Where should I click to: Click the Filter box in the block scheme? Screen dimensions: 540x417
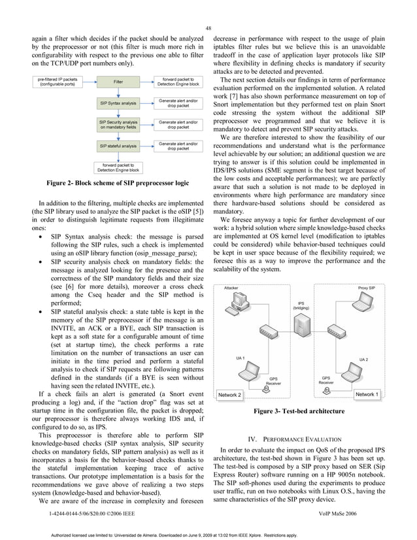coord(118,82)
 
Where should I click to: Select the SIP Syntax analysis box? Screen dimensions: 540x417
coord(118,103)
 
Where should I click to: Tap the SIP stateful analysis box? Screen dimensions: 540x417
coord(118,145)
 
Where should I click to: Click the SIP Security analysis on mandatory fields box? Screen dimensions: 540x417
coord(118,124)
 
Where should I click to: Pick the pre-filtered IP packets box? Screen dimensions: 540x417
coord(58,82)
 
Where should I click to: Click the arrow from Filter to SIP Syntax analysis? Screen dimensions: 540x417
coord(118,93)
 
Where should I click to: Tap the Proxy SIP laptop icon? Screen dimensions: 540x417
coord(366,303)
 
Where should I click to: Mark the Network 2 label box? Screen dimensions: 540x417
coord(229,396)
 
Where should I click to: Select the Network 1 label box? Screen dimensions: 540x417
coord(365,395)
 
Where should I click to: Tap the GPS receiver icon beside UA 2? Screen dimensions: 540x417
coord(327,390)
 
